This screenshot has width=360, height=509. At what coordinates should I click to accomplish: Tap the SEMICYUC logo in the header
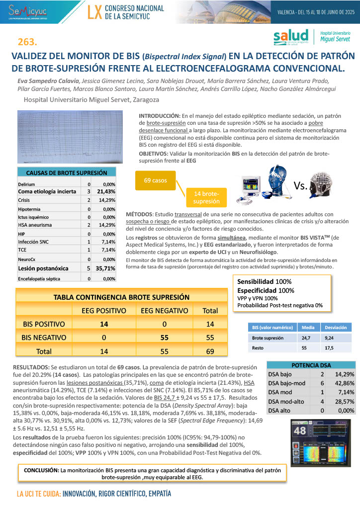pos(30,11)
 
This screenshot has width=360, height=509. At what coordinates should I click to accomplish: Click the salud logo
pos(292,37)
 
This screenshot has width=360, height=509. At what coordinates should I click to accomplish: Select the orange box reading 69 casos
pos(155,180)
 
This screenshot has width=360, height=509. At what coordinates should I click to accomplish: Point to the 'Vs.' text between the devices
pos(301,186)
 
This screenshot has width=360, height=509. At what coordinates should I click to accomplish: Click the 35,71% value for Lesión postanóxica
pos(106,268)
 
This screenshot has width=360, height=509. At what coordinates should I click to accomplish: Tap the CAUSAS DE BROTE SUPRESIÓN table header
pos(67,172)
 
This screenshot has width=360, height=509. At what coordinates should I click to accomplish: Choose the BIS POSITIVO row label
pos(44,324)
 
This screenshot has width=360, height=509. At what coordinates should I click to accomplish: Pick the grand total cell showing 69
pos(210,351)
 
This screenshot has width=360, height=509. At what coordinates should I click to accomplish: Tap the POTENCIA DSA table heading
pos(311,364)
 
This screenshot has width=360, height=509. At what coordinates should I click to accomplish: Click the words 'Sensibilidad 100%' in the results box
pos(264,281)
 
